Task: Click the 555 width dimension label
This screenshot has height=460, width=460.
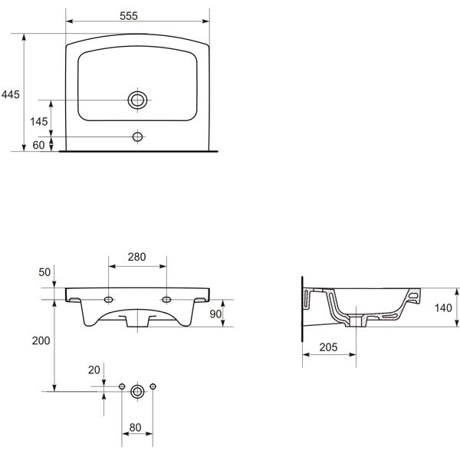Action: (x=129, y=16)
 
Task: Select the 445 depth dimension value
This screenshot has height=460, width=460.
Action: (x=11, y=94)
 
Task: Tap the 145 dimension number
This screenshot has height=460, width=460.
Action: (x=39, y=121)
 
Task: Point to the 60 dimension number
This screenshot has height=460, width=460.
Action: (x=38, y=145)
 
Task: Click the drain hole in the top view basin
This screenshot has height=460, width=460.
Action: (x=137, y=100)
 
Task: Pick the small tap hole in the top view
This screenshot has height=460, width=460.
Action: (x=137, y=136)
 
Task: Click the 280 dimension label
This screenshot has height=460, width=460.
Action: (x=136, y=257)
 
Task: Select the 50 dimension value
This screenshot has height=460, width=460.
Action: (x=44, y=272)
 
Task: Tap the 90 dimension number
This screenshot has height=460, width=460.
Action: (x=215, y=314)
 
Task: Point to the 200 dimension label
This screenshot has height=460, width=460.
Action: (x=41, y=340)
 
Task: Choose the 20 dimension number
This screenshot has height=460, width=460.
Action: (x=94, y=370)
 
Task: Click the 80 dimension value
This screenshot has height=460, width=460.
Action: (x=135, y=428)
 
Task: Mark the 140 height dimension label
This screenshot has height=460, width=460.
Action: (x=443, y=308)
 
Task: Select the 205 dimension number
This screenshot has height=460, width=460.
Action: (x=329, y=347)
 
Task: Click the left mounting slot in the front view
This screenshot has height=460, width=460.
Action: (x=109, y=300)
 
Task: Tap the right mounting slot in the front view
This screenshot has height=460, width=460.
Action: (x=166, y=300)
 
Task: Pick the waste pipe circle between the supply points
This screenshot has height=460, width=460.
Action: (x=137, y=391)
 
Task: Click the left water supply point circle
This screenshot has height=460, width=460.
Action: (x=122, y=386)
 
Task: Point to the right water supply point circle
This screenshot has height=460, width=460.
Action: (x=153, y=386)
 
